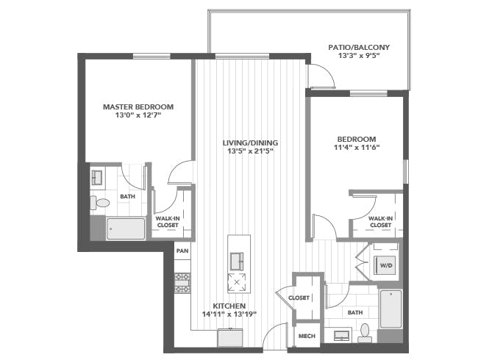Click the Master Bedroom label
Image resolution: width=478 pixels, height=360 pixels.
[x=138, y=107]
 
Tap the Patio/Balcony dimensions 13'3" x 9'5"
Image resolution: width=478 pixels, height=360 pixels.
[x=359, y=56]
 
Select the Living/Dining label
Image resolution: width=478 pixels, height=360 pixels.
[x=250, y=143]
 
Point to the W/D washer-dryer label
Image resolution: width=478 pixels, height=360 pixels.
[x=386, y=265]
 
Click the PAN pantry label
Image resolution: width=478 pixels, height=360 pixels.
[x=182, y=251]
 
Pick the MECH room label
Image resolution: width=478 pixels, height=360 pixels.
[x=307, y=336]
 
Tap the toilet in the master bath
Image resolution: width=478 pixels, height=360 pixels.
[x=100, y=203]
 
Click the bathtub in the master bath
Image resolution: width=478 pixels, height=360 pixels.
[x=126, y=228]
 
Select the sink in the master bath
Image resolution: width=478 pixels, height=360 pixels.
[x=96, y=178]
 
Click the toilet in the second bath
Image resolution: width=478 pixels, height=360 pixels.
[x=365, y=333]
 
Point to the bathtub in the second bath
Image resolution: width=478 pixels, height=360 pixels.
[x=390, y=309]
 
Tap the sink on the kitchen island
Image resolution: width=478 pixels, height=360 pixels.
[x=237, y=262]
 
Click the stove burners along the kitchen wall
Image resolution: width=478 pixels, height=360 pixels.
[x=182, y=283]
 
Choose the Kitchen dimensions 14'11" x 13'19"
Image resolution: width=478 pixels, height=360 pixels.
[x=229, y=314]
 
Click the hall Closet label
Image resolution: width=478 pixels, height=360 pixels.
[x=299, y=298]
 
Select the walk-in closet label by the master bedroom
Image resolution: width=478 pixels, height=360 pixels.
[x=168, y=222]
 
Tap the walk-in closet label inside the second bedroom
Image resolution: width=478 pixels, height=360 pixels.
[x=380, y=222]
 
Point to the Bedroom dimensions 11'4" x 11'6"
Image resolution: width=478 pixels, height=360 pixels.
[x=357, y=148]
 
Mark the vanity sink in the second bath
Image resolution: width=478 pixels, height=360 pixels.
[x=342, y=335]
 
